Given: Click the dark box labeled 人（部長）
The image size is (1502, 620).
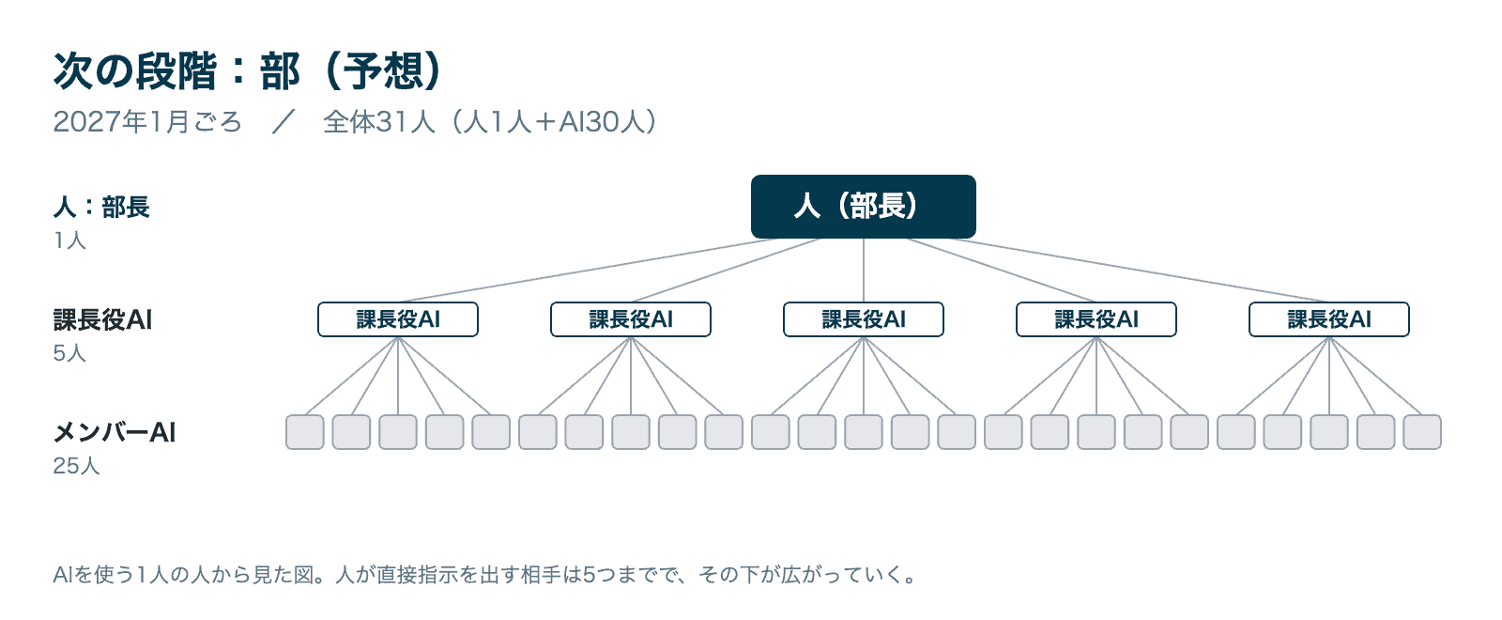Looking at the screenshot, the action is point(863,207).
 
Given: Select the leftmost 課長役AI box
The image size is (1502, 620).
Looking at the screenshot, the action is point(398,319).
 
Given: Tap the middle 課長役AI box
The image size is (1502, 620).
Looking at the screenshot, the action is point(863,319).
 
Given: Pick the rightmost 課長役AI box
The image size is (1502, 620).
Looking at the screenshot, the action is point(1328,319).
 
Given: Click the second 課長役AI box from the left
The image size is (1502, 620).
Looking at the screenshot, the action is point(630,319).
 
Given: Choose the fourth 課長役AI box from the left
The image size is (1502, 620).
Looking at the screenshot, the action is point(1096,319).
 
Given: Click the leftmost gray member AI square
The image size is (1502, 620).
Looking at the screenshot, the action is point(305,432).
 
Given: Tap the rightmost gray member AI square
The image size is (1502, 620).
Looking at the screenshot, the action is point(1422,432).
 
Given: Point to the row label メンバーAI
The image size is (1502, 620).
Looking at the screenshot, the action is point(115,433).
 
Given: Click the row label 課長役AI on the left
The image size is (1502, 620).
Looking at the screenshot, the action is point(102,320).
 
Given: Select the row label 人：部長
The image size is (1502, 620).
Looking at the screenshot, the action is point(101,207).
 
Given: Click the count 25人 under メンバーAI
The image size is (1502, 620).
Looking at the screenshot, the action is point(76,466).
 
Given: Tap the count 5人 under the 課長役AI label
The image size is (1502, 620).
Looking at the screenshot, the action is point(69,353).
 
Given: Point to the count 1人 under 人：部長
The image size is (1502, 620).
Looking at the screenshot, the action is point(69,240).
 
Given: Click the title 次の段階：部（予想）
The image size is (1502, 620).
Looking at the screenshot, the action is point(247,70).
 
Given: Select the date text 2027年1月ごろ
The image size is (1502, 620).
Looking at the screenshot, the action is point(146,122).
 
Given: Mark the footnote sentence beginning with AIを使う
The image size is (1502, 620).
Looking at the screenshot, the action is point(484,575).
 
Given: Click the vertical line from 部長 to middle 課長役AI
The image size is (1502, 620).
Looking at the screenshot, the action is point(863,271).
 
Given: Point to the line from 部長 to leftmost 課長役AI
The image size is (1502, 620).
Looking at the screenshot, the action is point(588,271).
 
